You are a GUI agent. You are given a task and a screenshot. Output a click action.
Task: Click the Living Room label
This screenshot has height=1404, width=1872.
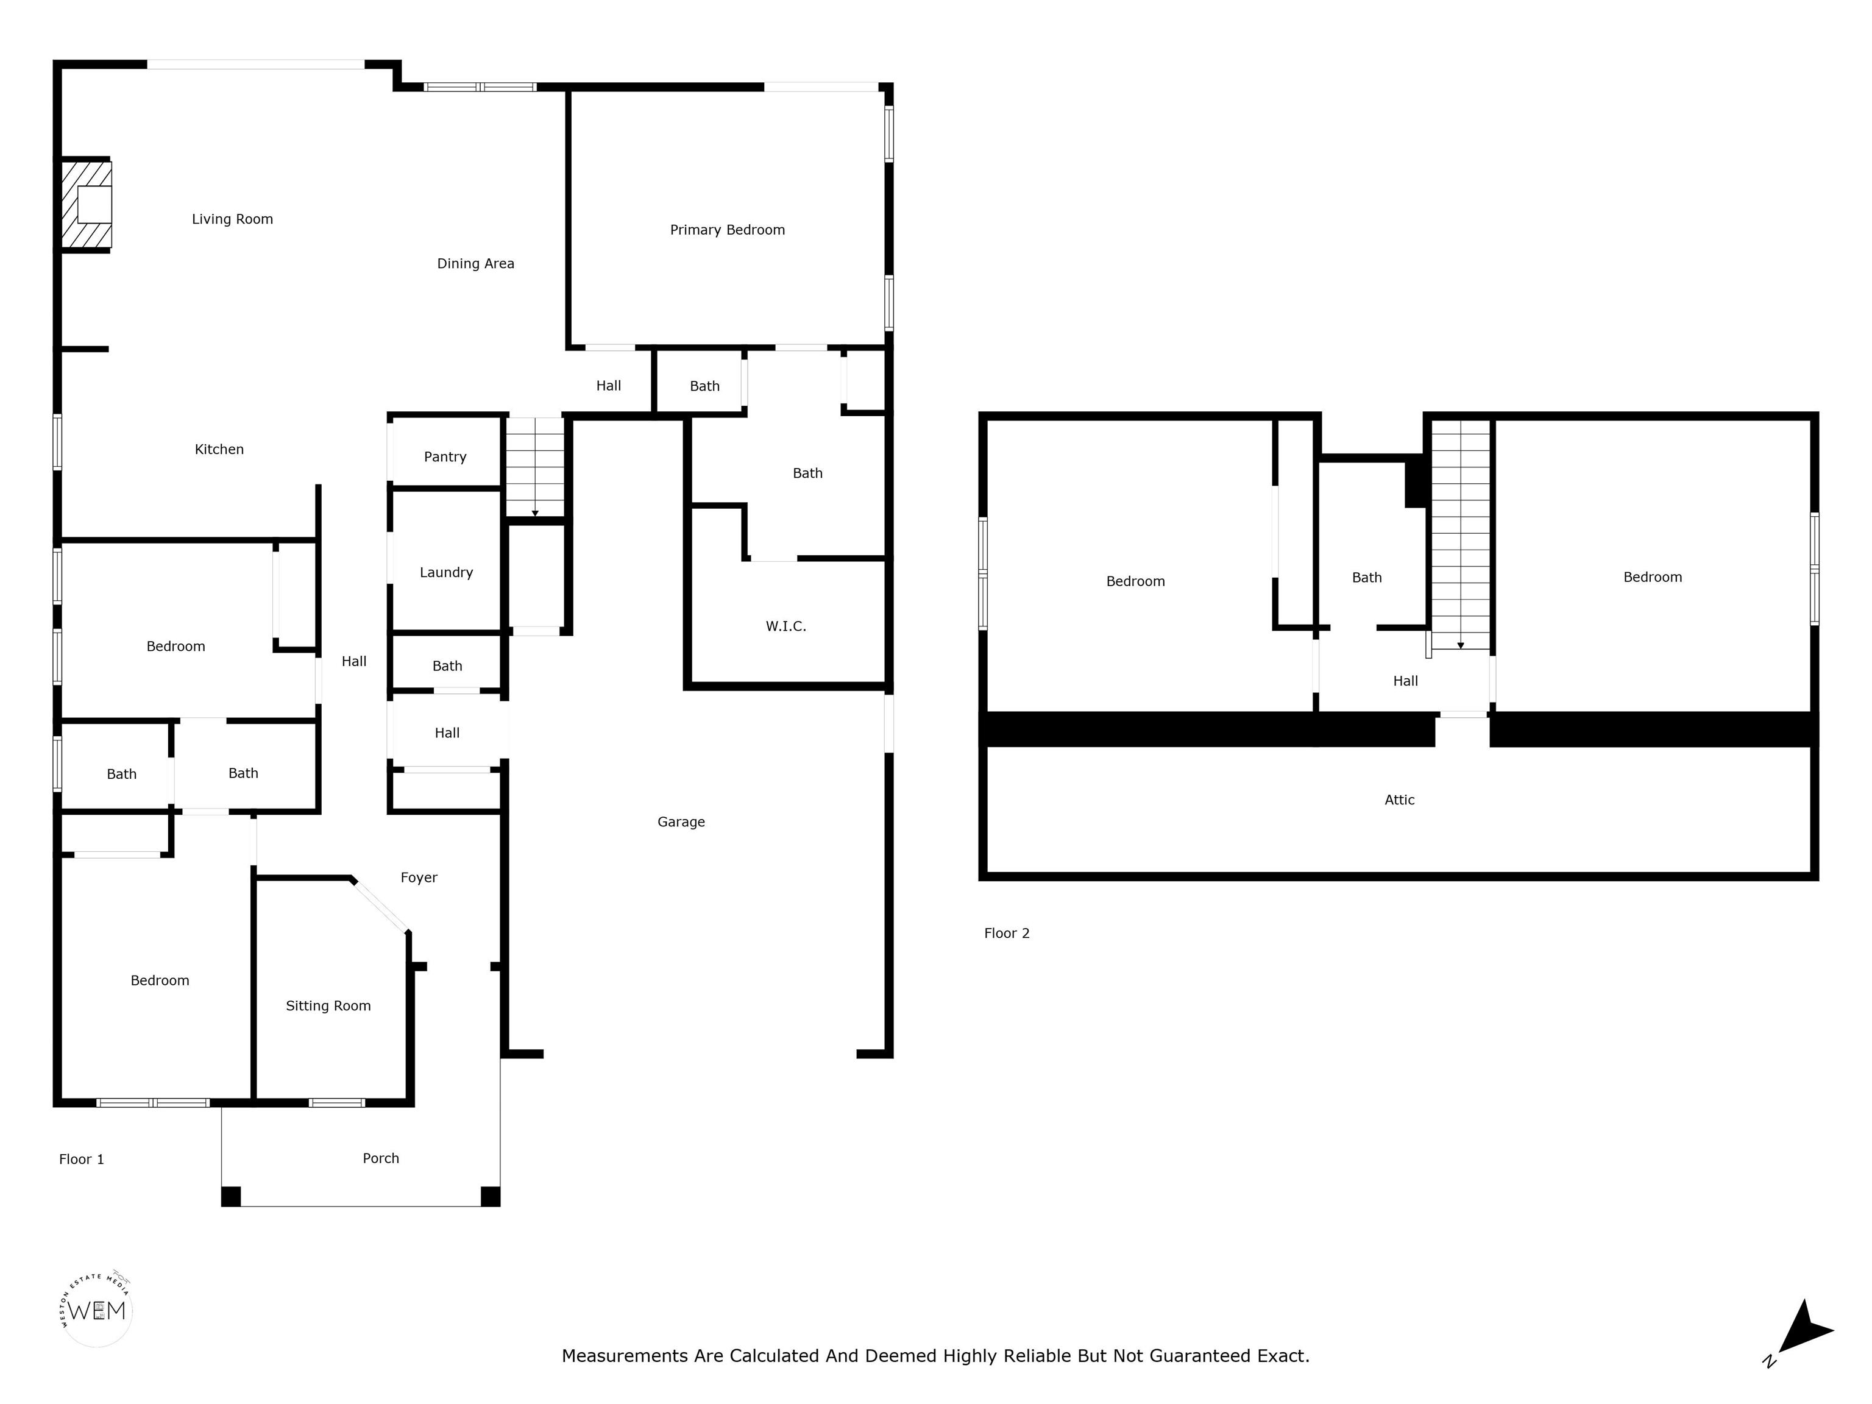pyautogui.click(x=233, y=219)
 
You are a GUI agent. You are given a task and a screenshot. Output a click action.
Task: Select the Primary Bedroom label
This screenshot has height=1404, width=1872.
pyautogui.click(x=728, y=230)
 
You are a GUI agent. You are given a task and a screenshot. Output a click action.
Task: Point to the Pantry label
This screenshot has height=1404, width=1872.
pyautogui.click(x=445, y=457)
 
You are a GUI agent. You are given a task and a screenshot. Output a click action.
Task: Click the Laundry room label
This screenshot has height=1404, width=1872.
pyautogui.click(x=446, y=573)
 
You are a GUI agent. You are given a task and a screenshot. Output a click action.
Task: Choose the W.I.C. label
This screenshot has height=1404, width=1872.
pyautogui.click(x=786, y=626)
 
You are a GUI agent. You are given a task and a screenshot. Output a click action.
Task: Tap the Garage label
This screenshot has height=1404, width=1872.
pyautogui.click(x=681, y=822)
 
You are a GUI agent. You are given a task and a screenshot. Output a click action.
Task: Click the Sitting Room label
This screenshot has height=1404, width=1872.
pyautogui.click(x=328, y=1006)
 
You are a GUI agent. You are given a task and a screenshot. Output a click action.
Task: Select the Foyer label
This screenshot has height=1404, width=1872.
pyautogui.click(x=419, y=877)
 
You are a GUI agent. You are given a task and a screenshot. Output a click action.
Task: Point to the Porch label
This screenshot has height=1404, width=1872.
pyautogui.click(x=381, y=1158)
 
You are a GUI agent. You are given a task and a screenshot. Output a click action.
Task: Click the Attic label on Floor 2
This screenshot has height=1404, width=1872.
pyautogui.click(x=1400, y=799)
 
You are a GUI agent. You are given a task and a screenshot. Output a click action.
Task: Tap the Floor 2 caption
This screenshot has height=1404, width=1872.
pyautogui.click(x=1007, y=934)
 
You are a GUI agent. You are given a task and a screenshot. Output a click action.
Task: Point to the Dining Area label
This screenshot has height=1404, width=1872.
pyautogui.click(x=475, y=264)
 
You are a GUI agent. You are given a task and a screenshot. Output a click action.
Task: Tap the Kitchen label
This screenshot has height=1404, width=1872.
pyautogui.click(x=219, y=449)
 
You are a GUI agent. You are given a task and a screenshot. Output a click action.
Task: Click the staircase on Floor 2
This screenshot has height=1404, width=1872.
pyautogui.click(x=1461, y=536)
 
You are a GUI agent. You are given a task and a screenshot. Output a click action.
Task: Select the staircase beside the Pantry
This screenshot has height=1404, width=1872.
pyautogui.click(x=535, y=467)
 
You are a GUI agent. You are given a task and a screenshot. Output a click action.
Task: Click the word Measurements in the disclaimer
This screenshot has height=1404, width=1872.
pyautogui.click(x=625, y=1356)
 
